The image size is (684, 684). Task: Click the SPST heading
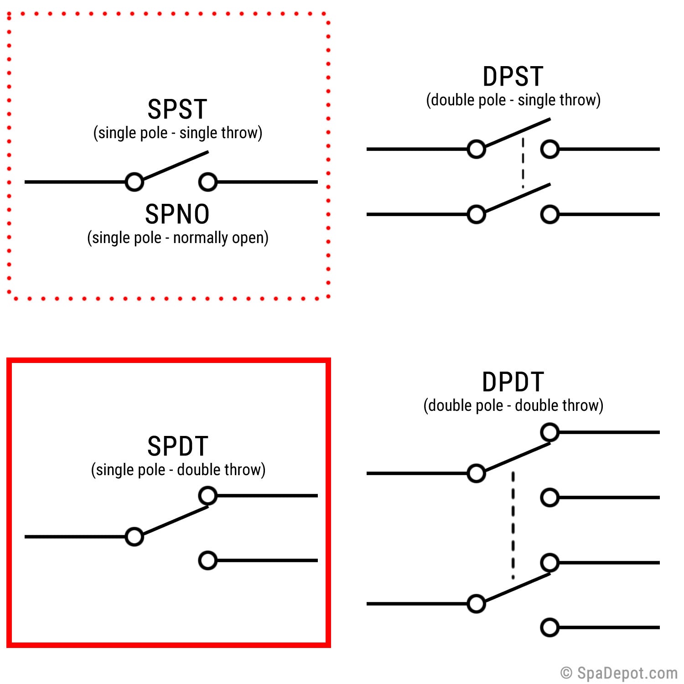tap(177, 109)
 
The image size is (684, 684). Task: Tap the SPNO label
tap(177, 214)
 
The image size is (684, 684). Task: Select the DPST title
tap(513, 77)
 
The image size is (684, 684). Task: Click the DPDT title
tap(513, 382)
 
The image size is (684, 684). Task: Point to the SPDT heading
tap(178, 446)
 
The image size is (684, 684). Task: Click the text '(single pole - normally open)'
tap(178, 238)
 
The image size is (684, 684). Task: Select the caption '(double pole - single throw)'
tap(513, 100)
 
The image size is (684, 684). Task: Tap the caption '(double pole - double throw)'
tap(513, 406)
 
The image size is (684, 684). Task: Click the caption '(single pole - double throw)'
tap(178, 470)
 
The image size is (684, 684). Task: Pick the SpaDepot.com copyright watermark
tap(619, 673)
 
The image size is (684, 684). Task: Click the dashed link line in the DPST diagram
tap(523, 163)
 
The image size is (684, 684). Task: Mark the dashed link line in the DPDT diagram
tap(513, 525)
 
